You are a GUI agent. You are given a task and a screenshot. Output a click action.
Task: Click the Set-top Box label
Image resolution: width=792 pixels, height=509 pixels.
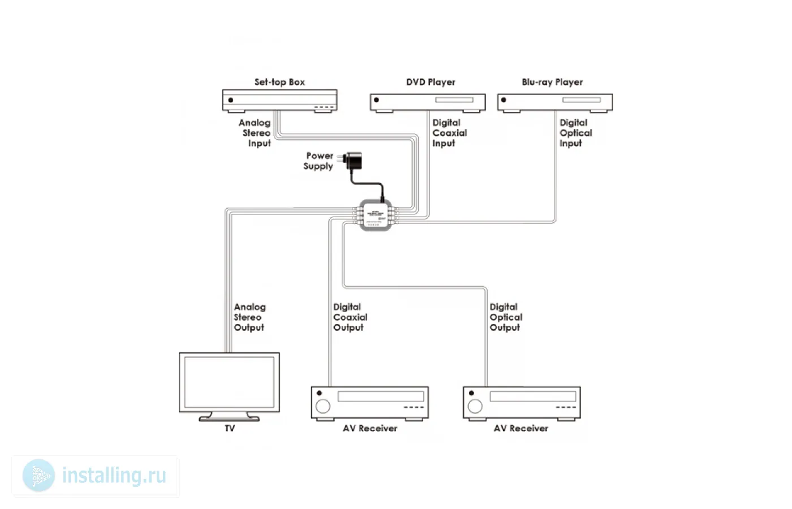tap(279, 82)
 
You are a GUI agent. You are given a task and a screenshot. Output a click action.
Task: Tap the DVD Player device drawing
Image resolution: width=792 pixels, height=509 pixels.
tap(428, 102)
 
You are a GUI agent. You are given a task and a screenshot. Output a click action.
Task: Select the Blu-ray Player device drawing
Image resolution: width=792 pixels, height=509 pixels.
tap(555, 102)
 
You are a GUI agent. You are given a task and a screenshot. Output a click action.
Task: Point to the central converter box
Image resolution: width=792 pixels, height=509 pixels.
tap(376, 215)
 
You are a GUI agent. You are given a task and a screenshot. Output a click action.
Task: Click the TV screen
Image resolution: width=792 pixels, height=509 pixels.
tap(229, 382)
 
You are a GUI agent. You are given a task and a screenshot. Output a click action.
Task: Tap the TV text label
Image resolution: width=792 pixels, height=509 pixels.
tap(230, 428)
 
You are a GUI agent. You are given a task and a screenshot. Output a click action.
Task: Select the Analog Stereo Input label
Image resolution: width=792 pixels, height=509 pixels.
tap(256, 133)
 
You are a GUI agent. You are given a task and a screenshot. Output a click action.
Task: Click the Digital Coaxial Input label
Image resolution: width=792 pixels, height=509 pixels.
tap(449, 133)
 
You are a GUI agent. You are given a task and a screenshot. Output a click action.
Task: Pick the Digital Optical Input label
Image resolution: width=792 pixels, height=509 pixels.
tap(575, 133)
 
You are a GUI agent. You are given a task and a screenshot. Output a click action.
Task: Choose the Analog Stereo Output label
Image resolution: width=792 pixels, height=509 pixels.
tap(249, 317)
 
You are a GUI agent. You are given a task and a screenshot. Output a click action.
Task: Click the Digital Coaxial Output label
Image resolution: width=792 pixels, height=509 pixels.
tap(350, 317)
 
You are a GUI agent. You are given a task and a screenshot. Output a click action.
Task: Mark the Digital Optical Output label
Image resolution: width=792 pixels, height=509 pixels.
tap(505, 317)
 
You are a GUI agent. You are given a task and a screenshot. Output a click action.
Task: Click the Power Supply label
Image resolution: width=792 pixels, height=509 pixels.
tap(319, 161)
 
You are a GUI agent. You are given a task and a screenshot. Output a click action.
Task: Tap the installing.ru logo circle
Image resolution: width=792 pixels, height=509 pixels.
tap(39, 476)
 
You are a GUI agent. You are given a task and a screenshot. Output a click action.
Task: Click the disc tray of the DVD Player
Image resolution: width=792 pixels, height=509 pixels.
tap(454, 100)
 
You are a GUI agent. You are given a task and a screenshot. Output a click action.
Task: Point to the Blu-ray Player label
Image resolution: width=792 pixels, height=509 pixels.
tap(552, 82)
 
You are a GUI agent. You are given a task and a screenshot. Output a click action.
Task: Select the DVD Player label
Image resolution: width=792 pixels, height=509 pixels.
tap(431, 82)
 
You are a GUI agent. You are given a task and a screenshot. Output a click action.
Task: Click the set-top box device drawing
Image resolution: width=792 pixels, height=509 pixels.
tap(279, 100)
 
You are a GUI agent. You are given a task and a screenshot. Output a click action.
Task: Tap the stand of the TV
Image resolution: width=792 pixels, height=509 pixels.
tap(229, 417)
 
